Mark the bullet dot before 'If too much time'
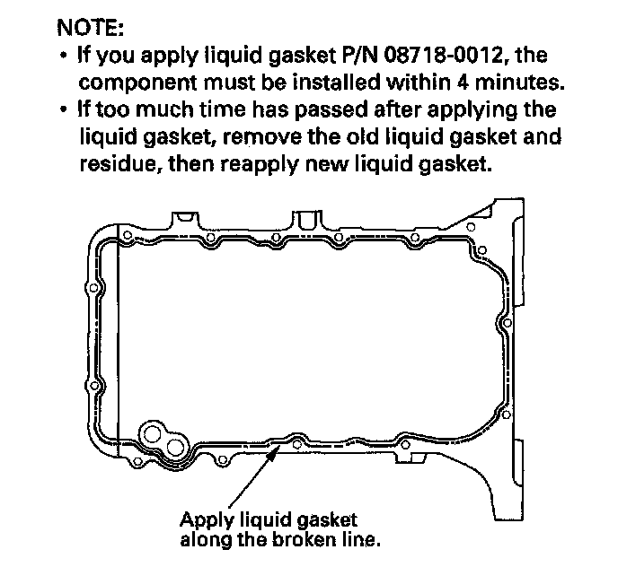pyautogui.click(x=61, y=110)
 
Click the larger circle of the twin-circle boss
pyautogui.click(x=154, y=436)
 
